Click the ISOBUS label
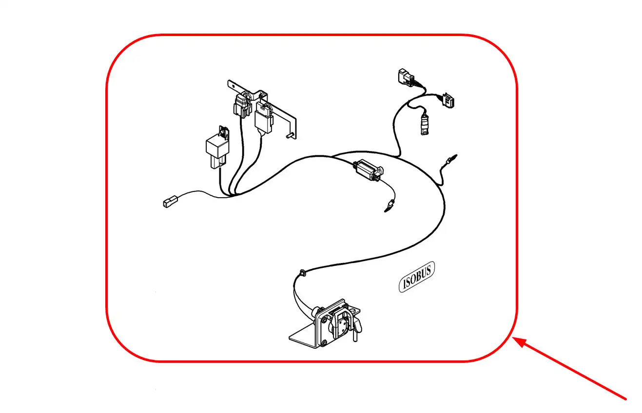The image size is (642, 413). coord(416,277)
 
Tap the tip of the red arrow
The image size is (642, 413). coord(512,338)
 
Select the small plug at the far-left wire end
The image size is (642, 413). coord(170,201)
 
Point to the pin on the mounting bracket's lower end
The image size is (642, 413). coord(291,135)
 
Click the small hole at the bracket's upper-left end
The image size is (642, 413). coord(233,85)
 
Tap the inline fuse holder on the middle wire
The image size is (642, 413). coord(369,170)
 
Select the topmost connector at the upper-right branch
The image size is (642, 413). coord(406,76)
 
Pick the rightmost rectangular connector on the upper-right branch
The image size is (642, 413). coord(448,100)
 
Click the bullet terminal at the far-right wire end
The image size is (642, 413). coord(451,159)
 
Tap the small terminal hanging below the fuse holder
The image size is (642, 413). coord(389,206)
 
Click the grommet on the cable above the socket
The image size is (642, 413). coord(302,273)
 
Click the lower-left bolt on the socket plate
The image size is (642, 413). coord(324,342)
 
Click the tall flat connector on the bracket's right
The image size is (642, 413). coord(264,117)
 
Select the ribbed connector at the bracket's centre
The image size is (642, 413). coord(242,105)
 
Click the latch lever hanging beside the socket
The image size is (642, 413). coord(356,329)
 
